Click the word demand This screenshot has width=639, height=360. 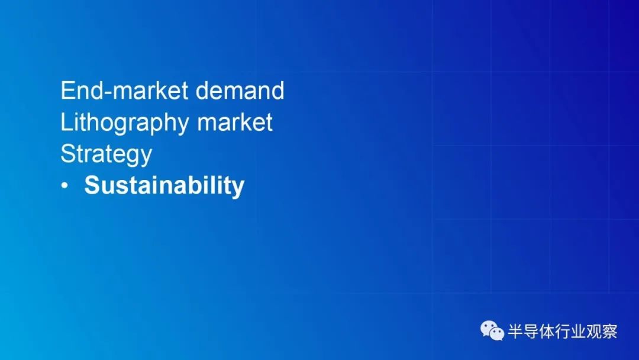(x=240, y=90)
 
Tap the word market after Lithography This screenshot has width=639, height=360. (x=235, y=122)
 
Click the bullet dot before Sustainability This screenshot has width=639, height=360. (x=64, y=186)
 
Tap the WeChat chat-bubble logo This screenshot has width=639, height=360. (x=492, y=330)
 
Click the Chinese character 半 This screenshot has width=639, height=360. (x=515, y=331)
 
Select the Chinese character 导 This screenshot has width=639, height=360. (x=530, y=331)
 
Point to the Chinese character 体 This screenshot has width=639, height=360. (x=546, y=331)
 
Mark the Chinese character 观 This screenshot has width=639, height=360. (x=594, y=331)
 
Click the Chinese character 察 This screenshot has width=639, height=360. (x=609, y=331)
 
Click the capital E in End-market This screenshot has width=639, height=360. (x=68, y=90)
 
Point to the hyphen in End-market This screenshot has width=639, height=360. (x=108, y=93)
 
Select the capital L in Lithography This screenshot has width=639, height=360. (x=66, y=122)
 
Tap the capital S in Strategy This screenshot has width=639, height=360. (x=68, y=153)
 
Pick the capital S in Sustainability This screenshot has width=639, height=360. (x=92, y=185)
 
